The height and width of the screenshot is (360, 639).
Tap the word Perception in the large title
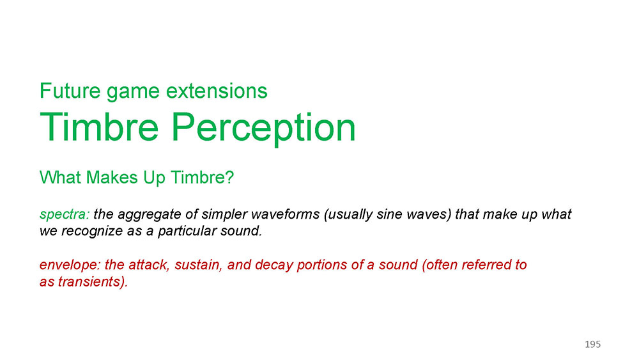point(263,128)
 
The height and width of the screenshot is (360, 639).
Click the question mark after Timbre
point(230,177)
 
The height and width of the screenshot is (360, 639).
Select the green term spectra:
point(65,214)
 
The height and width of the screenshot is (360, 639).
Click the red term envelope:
point(70,265)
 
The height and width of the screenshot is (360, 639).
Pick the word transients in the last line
point(91,282)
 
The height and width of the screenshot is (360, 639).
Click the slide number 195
point(592,345)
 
